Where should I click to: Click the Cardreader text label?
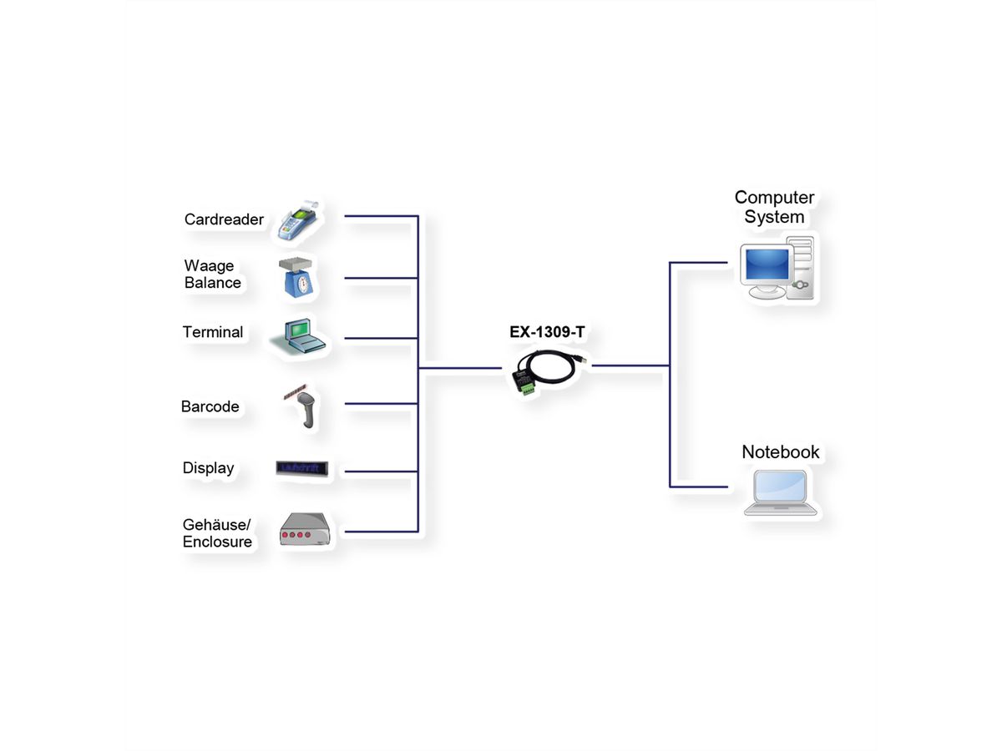pyautogui.click(x=224, y=220)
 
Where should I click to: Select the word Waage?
pyautogui.click(x=209, y=266)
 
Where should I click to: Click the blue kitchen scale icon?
pyautogui.click(x=298, y=278)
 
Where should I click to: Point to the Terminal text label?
pyautogui.click(x=213, y=332)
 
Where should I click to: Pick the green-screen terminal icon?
pyautogui.click(x=299, y=337)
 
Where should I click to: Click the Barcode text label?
pyautogui.click(x=210, y=407)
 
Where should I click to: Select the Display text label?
pyautogui.click(x=208, y=468)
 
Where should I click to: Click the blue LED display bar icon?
pyautogui.click(x=302, y=469)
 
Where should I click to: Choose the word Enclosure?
pyautogui.click(x=217, y=542)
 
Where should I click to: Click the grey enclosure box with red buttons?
pyautogui.click(x=306, y=530)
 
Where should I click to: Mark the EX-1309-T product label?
pyautogui.click(x=547, y=332)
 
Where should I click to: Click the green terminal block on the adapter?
pyautogui.click(x=527, y=386)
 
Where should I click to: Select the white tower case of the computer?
pyautogui.click(x=801, y=266)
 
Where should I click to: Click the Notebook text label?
pyautogui.click(x=781, y=452)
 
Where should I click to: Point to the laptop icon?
pyautogui.click(x=780, y=493)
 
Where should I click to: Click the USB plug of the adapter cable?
pyautogui.click(x=584, y=358)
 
